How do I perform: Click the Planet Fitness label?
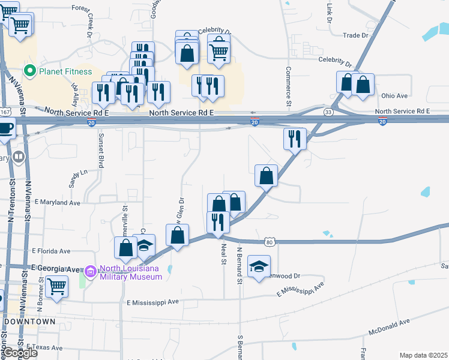[65, 71]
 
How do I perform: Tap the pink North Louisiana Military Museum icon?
[90, 272]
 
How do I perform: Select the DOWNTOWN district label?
[29, 322]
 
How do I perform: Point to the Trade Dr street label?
[355, 35]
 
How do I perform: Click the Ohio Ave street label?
[394, 95]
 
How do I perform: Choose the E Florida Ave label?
[51, 251]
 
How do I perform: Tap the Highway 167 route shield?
[5, 112]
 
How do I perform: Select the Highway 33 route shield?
[328, 112]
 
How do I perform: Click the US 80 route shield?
[270, 242]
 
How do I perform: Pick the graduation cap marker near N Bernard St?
[259, 266]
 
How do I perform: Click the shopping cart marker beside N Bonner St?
[56, 286]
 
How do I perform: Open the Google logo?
[20, 353]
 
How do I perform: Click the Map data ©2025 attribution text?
[423, 355]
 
